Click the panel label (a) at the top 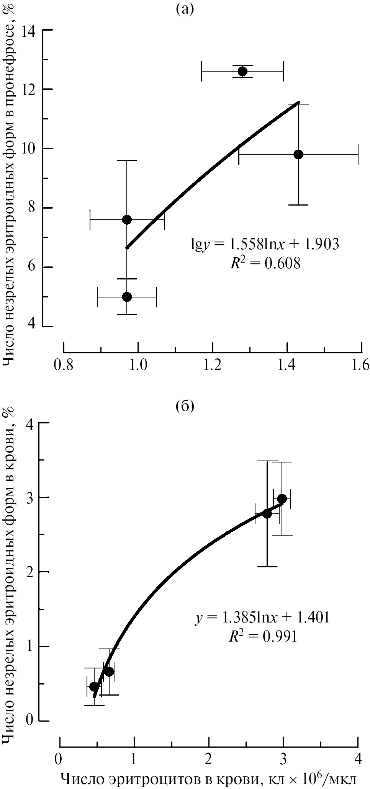[x=185, y=8]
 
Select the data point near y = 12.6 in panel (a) [x=242, y=71]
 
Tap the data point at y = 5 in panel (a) [x=127, y=297]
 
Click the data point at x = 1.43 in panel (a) [x=298, y=154]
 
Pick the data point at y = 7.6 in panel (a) [x=127, y=219]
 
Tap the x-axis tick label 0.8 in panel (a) [x=63, y=366]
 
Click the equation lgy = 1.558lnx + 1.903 [x=265, y=244]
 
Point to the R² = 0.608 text [x=265, y=264]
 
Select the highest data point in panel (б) [x=282, y=498]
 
